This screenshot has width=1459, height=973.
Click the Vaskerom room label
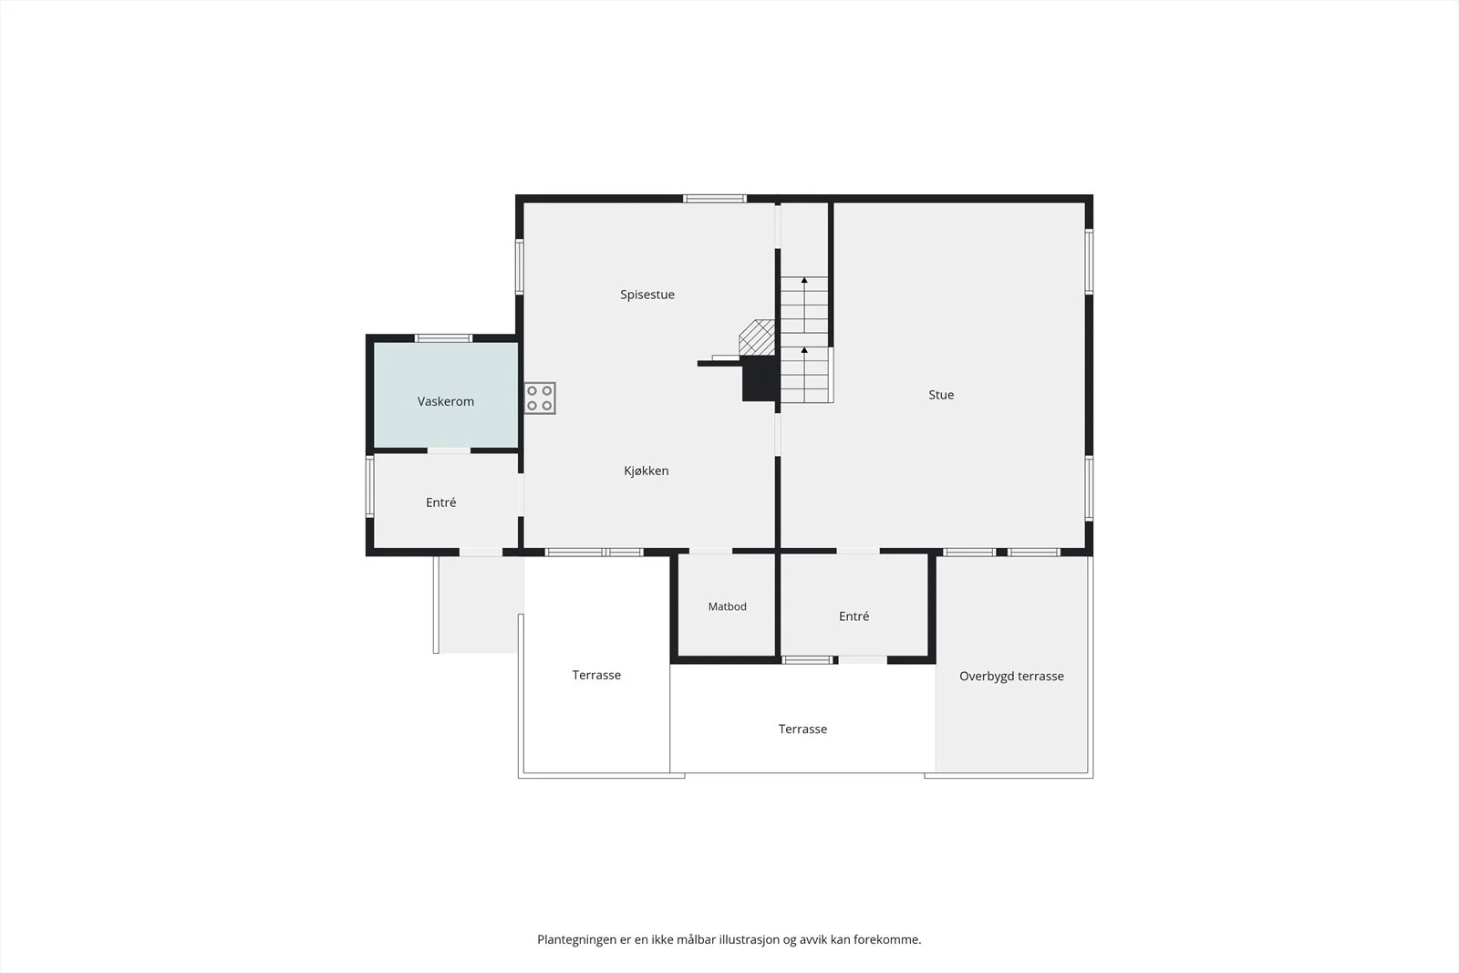click(x=446, y=401)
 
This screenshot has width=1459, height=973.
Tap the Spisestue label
click(x=647, y=295)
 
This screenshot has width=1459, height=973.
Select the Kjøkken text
click(x=647, y=471)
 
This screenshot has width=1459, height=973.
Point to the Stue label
click(x=941, y=395)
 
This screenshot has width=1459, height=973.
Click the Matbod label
click(x=727, y=606)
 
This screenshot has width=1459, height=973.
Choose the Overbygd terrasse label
click(x=1011, y=676)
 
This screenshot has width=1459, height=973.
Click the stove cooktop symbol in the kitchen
click(x=540, y=398)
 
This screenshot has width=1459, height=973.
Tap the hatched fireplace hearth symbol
click(x=757, y=337)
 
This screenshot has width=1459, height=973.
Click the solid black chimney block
click(x=760, y=379)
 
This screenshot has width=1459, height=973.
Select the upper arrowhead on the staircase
click(x=804, y=280)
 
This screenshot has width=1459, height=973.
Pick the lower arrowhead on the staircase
click(x=804, y=350)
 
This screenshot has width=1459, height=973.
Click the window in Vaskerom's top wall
click(x=443, y=338)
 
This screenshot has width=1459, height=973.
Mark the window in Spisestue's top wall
click(x=715, y=199)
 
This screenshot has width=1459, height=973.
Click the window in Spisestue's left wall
click(x=520, y=266)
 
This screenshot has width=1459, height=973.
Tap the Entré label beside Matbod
click(x=854, y=616)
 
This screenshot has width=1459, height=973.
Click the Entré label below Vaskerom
click(x=441, y=502)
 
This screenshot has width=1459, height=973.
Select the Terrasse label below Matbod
click(x=802, y=729)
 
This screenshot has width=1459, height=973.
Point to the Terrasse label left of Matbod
click(x=596, y=675)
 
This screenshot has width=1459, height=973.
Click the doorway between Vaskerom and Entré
click(x=449, y=450)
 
